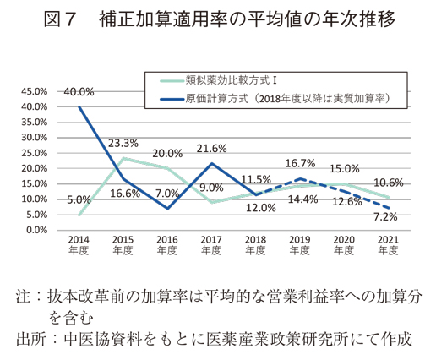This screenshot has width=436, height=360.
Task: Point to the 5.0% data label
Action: click(x=79, y=200)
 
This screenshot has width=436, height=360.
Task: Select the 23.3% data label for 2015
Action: click(x=123, y=143)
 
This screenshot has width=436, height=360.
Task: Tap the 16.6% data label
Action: click(x=123, y=194)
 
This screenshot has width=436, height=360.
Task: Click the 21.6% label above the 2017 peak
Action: click(x=211, y=149)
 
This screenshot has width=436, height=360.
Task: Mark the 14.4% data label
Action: click(x=302, y=199)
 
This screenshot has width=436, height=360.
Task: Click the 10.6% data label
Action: click(x=389, y=183)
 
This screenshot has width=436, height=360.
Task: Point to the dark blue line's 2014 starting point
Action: click(x=79, y=106)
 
